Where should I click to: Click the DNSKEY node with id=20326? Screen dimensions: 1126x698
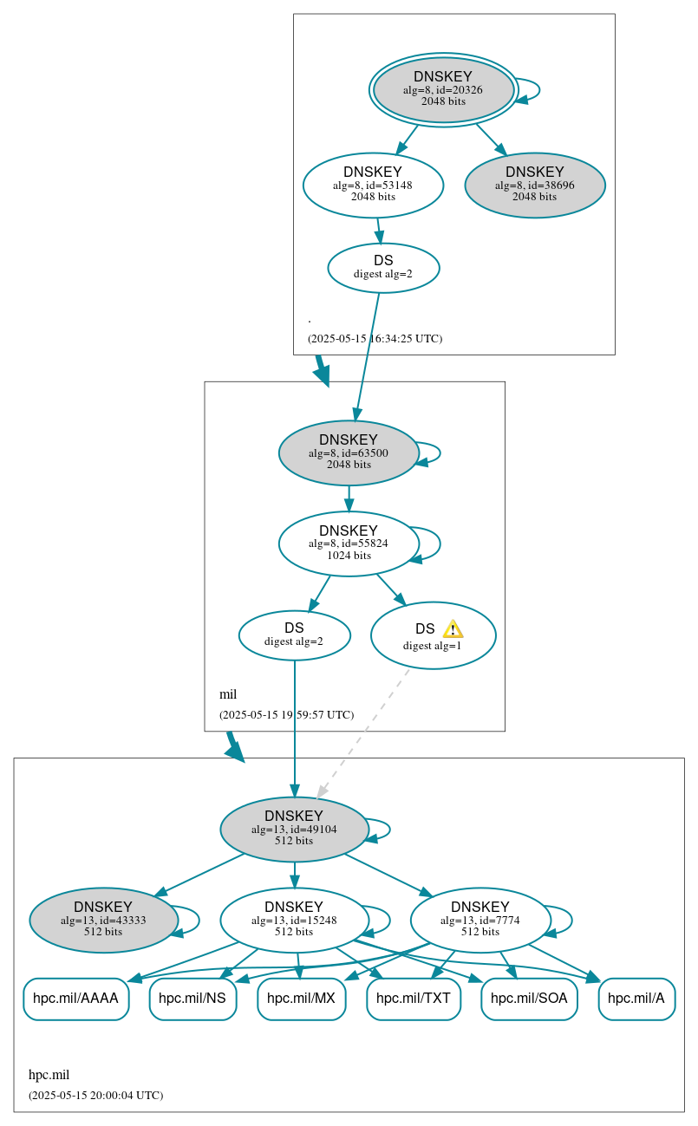coord(443,89)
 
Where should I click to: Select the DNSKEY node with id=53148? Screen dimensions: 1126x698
coord(373,185)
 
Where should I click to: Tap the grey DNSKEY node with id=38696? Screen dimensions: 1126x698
coord(534,185)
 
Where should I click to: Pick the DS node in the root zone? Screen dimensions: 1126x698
coord(383,268)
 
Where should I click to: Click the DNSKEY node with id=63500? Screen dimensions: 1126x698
coord(349,452)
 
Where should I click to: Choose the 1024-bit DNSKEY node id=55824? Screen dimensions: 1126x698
coord(349,543)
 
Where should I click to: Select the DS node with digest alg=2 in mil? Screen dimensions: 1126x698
coord(294,635)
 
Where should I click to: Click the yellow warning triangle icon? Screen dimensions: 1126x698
coord(453,629)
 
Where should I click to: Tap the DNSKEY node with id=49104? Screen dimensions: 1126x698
coord(294,829)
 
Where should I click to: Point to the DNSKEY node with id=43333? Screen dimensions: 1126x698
coord(103,920)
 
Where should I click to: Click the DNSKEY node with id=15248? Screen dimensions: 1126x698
coord(294,920)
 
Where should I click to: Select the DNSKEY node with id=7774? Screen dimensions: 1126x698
coord(479,920)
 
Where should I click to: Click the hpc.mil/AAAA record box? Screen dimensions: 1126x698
coord(75,999)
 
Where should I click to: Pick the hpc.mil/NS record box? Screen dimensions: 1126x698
coord(192,999)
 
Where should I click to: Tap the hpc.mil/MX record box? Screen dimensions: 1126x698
coord(301,999)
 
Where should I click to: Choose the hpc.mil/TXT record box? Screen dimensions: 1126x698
coord(414,999)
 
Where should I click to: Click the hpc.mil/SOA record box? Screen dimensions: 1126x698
coord(529,999)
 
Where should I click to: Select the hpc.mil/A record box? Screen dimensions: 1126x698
coord(636,999)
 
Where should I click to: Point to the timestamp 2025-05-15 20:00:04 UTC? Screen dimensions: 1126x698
coord(95,1096)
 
